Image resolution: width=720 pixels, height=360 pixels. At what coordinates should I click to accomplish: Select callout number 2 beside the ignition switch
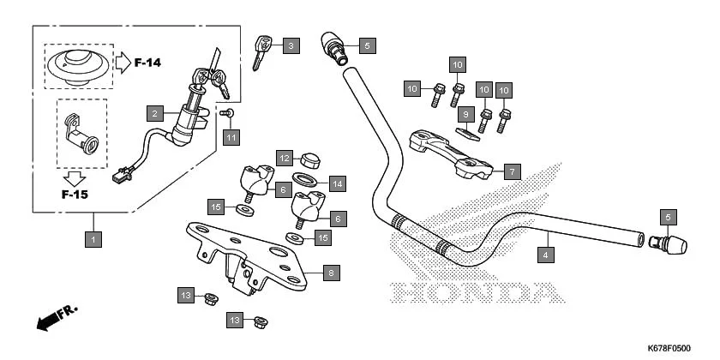(x=154, y=113)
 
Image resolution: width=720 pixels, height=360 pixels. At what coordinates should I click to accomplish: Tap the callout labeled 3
(x=291, y=45)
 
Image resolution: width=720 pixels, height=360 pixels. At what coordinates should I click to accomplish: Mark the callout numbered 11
(x=231, y=136)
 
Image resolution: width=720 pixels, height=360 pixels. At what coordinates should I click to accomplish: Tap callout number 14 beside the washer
(x=337, y=183)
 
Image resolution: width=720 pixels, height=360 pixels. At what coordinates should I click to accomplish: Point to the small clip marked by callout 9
(x=465, y=131)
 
